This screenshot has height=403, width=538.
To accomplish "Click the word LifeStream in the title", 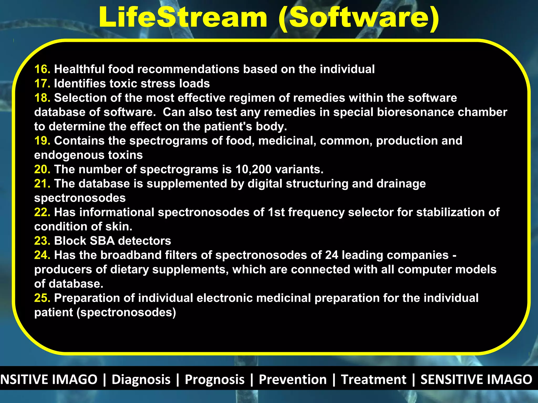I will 183,17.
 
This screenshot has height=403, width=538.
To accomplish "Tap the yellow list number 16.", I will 42,69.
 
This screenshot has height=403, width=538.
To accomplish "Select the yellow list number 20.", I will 42,169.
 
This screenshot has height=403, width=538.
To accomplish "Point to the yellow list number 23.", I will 42,241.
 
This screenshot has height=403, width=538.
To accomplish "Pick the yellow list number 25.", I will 42,298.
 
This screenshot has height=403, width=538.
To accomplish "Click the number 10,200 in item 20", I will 253,169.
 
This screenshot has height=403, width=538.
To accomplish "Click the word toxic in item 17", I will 123,84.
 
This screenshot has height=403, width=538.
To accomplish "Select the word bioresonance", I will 416,112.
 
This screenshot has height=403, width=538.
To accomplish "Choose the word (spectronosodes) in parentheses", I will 126,312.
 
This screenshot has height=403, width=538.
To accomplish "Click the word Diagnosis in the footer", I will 141,379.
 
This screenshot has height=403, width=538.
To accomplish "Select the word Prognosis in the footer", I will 215,379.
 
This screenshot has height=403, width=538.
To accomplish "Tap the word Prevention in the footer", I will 293,379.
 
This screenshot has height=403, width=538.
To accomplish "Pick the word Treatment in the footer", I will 373,379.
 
